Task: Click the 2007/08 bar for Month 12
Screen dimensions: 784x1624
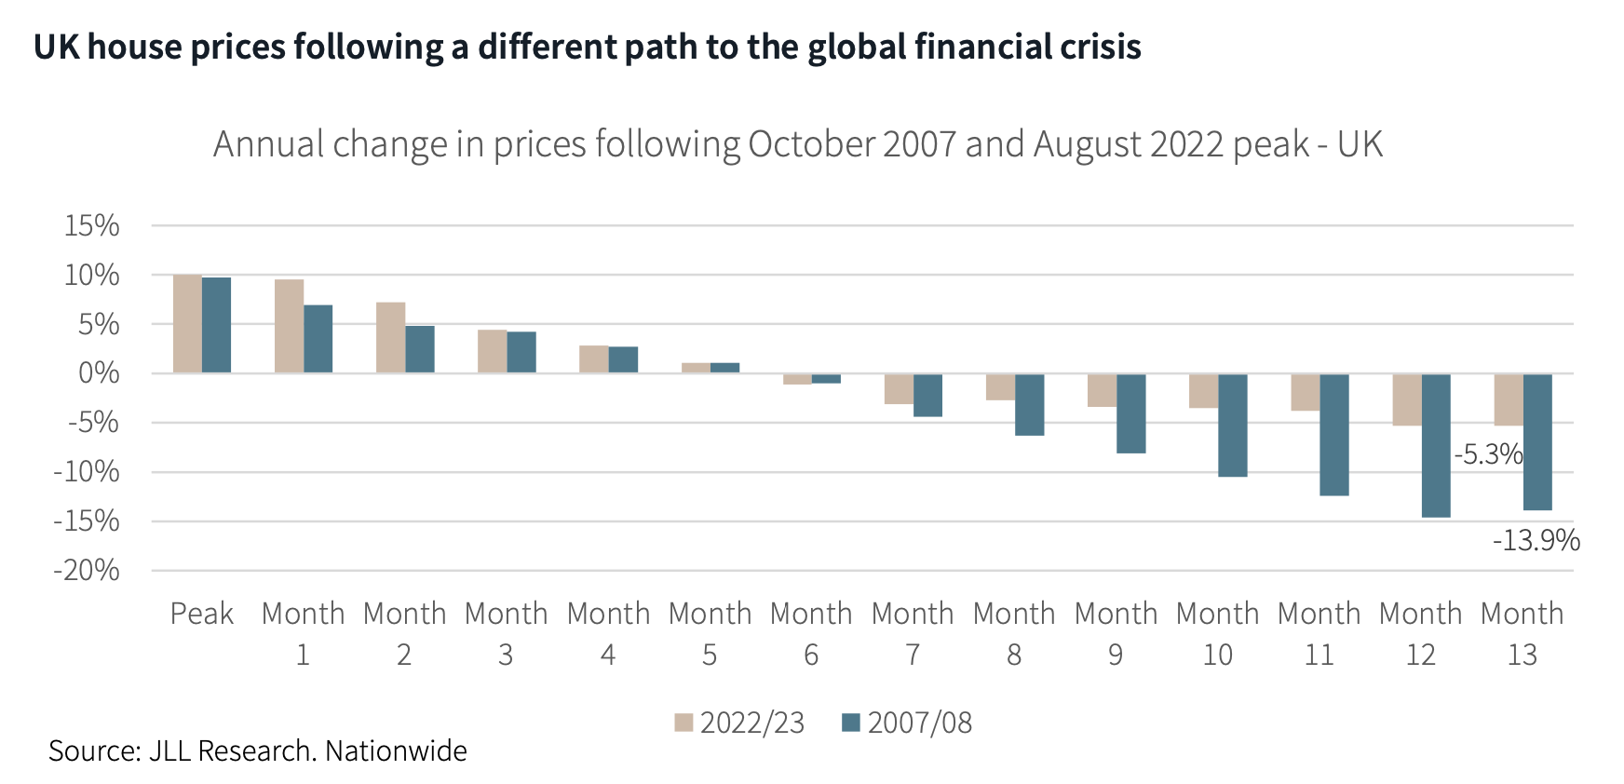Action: (x=1435, y=445)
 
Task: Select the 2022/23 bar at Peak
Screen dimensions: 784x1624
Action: (x=187, y=324)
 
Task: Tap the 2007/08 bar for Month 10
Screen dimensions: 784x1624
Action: (x=1232, y=425)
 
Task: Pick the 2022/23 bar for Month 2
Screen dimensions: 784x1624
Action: (x=390, y=338)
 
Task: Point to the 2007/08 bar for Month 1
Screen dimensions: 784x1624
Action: (x=318, y=339)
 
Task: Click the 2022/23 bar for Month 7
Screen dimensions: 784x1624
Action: (x=899, y=389)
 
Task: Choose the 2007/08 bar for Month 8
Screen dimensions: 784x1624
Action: (x=1029, y=404)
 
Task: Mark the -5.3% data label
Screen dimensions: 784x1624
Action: (x=1488, y=454)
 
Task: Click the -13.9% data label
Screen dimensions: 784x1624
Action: (x=1536, y=540)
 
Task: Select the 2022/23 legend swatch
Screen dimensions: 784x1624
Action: (x=683, y=723)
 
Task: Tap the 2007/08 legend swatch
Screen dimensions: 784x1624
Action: (x=850, y=723)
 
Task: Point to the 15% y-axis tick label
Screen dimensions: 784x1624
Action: (x=91, y=225)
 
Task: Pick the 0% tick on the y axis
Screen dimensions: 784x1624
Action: (x=99, y=373)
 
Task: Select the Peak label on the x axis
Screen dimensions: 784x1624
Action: (x=201, y=614)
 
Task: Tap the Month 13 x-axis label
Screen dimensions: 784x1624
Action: (x=1522, y=633)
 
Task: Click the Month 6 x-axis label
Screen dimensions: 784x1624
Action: (x=811, y=633)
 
